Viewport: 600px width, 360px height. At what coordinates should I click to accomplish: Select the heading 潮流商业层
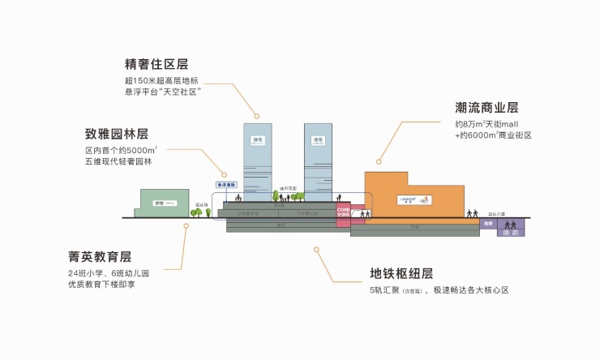pos(486,108)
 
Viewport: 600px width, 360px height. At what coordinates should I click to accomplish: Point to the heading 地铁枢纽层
pos(401,272)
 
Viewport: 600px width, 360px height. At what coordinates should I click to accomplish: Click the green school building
pos(164,203)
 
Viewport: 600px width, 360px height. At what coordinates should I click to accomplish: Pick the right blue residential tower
pos(319,162)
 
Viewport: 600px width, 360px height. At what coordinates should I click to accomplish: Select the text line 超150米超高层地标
pos(161,82)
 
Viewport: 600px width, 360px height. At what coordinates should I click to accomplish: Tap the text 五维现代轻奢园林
pos(118,162)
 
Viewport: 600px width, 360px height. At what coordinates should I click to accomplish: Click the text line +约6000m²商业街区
pos(492,135)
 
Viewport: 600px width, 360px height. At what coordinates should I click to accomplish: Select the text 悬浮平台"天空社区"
pos(162,93)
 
